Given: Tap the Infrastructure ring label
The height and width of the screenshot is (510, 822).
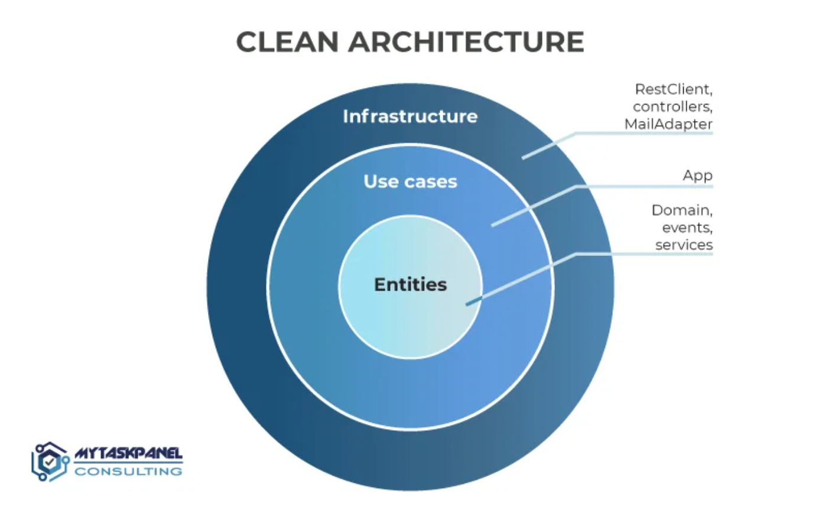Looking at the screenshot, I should coord(410,116).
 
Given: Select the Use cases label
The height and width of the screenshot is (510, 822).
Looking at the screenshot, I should coord(410,181).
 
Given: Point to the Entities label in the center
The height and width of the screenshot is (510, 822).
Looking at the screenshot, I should coord(410,285).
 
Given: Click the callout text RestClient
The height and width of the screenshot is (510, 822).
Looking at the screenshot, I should coord(674,89).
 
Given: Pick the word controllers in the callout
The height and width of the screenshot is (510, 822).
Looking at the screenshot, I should coord(673,107).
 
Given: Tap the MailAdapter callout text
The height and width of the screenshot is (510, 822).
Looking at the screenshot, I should coord(668,125).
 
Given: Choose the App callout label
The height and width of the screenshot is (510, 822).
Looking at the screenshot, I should coord(698,176).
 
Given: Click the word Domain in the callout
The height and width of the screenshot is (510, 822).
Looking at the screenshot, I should coord(682,210).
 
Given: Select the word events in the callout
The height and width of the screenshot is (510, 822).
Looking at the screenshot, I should coord(691,228).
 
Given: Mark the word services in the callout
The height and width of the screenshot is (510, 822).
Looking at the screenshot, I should coord(684,245).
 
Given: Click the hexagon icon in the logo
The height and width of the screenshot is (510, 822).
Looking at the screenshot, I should coord(50,462).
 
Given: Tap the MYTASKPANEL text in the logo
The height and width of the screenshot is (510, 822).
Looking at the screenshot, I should coord(128,454).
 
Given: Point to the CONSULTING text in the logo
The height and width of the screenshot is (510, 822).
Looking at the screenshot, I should coord(128,472).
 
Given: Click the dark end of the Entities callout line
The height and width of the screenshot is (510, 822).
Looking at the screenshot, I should coord(470,303).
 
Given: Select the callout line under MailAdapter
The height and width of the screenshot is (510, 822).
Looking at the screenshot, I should coord(644,134).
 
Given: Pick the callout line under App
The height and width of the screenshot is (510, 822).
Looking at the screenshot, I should coord(644,187).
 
